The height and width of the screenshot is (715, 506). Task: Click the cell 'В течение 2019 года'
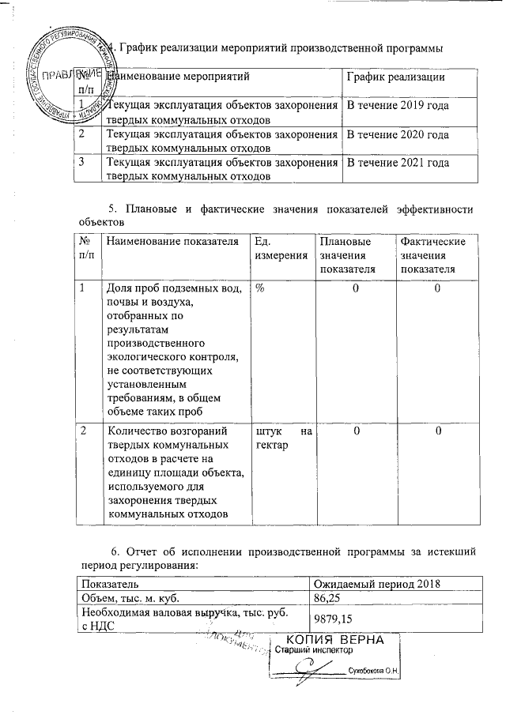pos(395,105)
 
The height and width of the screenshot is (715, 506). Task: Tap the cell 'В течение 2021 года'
pos(395,163)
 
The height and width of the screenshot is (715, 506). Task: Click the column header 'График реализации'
pos(395,77)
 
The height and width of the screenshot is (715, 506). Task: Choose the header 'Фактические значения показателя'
pos(433,255)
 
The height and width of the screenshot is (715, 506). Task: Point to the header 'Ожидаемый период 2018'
pos(377,584)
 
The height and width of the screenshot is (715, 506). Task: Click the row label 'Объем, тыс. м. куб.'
pos(128,599)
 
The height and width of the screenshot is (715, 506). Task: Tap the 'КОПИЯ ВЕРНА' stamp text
pos(334,639)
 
